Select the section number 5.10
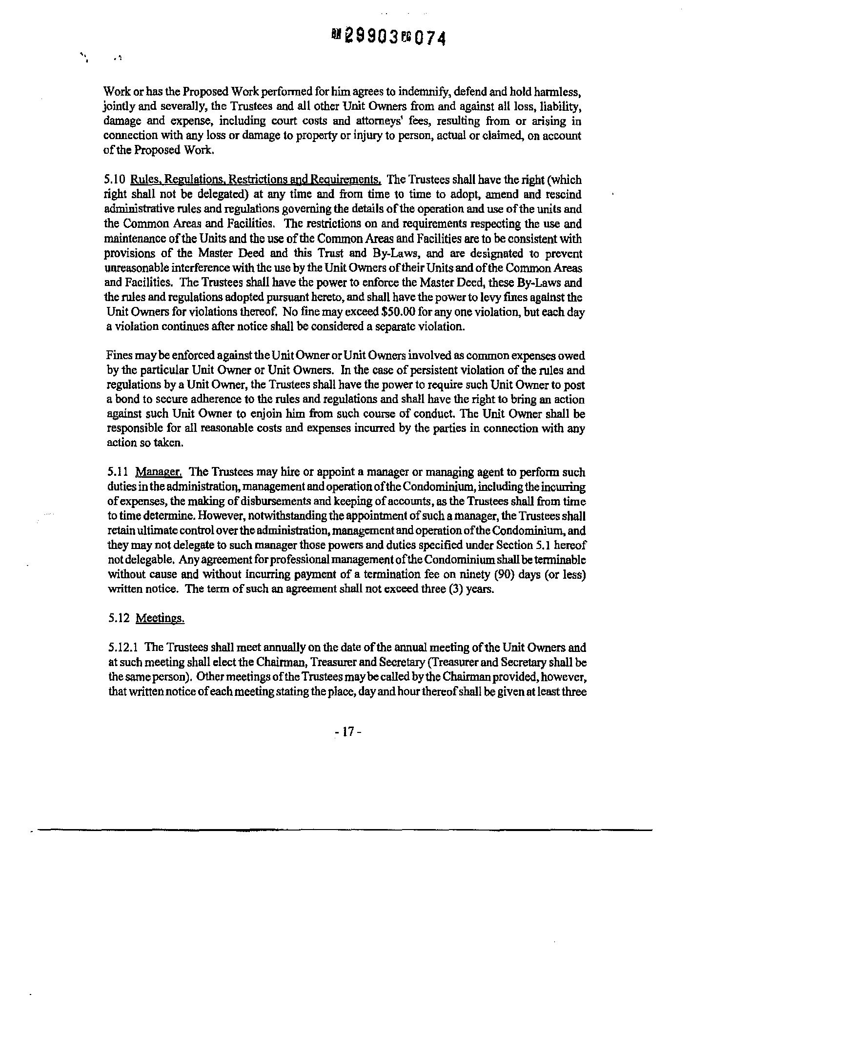pyautogui.click(x=115, y=180)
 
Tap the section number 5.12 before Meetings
pyautogui.click(x=119, y=618)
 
